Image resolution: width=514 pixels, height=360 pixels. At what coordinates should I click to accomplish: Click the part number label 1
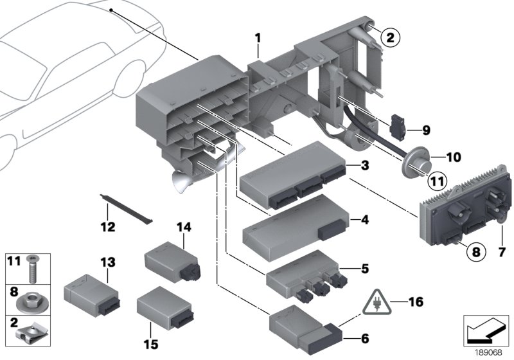coord(257,38)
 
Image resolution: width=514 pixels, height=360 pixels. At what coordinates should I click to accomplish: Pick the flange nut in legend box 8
coord(32,300)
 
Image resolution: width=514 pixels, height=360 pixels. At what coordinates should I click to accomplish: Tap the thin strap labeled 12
coord(128,208)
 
